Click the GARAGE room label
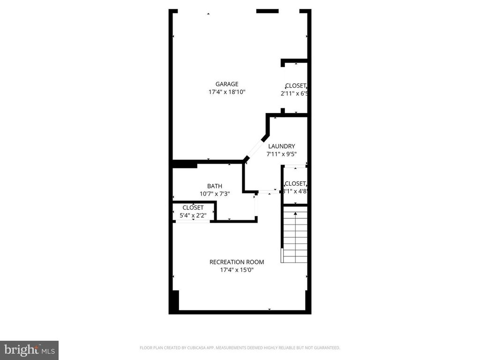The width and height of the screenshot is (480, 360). point(227,84)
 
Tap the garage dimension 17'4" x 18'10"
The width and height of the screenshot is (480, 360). point(227,92)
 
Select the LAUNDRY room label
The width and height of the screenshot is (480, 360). point(281,146)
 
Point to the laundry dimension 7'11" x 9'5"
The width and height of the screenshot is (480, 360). point(281,154)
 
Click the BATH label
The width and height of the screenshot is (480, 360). point(215,186)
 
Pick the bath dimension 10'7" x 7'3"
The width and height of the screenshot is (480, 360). point(215,194)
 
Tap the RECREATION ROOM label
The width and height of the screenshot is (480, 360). point(236,262)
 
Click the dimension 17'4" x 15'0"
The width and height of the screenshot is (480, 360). point(236,270)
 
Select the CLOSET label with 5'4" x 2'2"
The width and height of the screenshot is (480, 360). point(193,208)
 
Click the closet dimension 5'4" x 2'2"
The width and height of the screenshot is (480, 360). point(193,216)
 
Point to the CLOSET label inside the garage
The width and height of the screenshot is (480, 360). point(296,86)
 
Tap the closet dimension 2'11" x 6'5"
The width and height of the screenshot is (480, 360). point(294,94)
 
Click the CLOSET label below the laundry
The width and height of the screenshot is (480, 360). point(295,183)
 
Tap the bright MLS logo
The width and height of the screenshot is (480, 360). point(29,350)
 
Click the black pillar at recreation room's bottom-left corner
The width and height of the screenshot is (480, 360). point(174,300)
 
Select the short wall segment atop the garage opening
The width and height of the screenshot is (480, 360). point(267,11)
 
